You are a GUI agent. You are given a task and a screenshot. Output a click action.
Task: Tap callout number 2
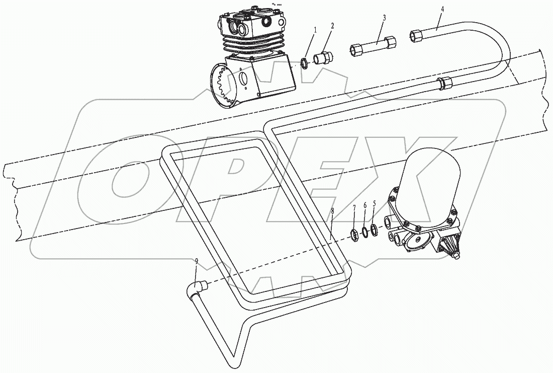332,25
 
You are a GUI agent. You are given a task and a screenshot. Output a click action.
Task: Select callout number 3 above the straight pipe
384,18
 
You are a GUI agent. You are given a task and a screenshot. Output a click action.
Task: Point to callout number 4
442,9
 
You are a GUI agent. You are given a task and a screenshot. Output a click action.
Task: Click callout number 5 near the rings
374,204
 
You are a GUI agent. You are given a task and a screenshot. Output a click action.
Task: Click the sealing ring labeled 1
305,63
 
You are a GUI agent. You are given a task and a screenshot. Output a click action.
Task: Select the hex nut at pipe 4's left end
417,35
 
